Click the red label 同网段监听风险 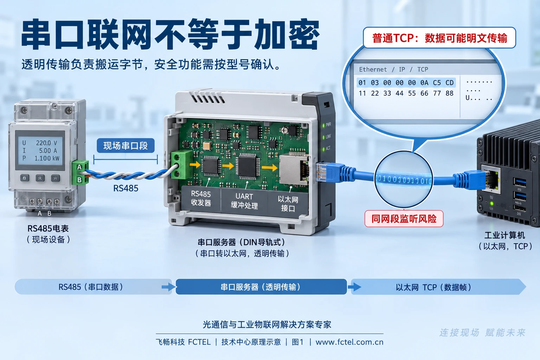404,219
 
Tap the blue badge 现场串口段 126,146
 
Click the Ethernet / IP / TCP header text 393,70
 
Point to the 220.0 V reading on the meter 46,143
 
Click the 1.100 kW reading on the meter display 47,158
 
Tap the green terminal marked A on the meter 79,167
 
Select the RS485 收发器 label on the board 201,198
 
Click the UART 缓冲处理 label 244,201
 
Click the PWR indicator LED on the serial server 323,126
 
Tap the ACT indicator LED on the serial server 323,149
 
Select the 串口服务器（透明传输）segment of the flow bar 261,287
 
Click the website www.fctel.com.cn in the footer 349,342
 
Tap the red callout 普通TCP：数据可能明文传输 439,38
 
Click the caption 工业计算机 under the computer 504,235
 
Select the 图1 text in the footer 297,342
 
